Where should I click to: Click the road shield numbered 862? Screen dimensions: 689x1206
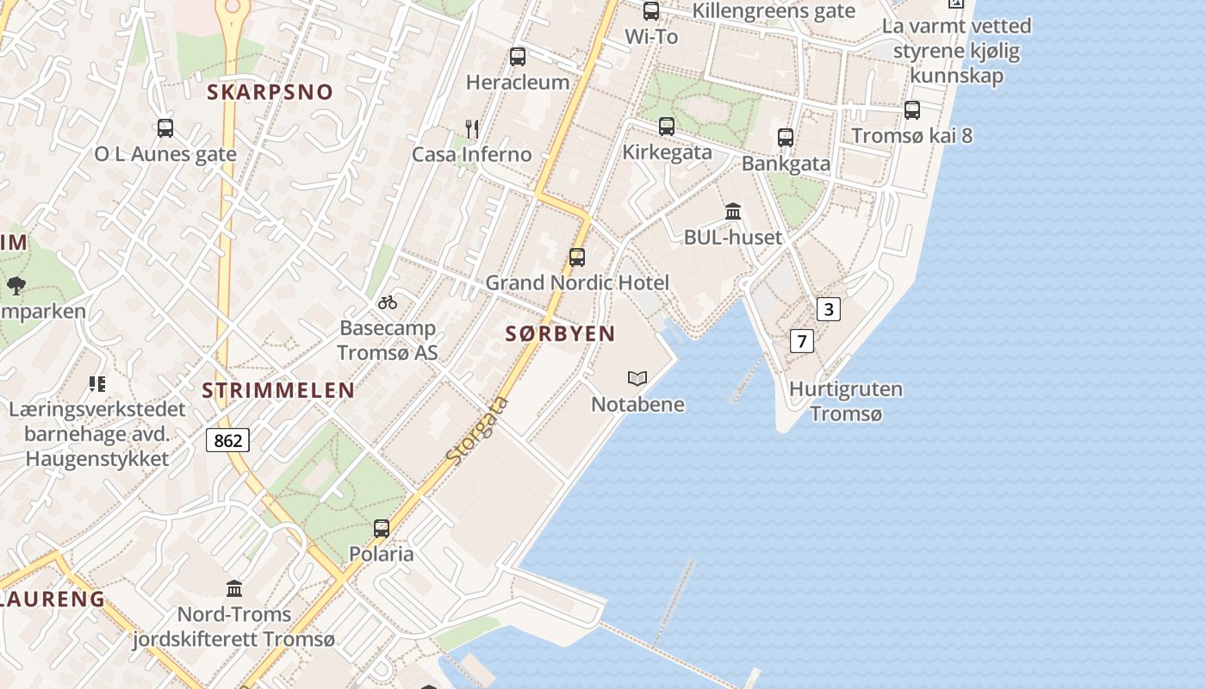[227, 440]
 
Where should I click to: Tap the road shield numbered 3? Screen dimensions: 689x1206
[828, 309]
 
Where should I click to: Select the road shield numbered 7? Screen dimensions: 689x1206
[802, 341]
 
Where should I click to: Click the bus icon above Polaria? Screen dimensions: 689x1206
[382, 529]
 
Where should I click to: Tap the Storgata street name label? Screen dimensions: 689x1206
[478, 431]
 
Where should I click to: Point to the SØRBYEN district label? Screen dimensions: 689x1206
[560, 334]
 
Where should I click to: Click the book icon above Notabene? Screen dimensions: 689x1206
[637, 378]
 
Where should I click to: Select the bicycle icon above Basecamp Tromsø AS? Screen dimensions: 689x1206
[388, 302]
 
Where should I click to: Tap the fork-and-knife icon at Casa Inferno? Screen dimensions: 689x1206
[471, 129]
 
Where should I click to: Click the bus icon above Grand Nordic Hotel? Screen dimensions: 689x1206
[577, 257]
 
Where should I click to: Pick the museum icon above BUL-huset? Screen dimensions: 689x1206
[733, 211]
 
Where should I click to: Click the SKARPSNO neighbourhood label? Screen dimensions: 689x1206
[270, 92]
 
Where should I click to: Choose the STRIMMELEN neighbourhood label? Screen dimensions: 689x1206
[278, 390]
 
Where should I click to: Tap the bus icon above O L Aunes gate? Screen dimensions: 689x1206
[165, 128]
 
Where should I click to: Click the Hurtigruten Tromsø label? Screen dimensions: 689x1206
[846, 401]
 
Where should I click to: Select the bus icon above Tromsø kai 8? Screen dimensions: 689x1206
[912, 109]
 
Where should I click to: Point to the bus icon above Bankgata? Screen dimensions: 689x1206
[786, 137]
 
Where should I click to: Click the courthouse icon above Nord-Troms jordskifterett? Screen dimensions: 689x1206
[234, 588]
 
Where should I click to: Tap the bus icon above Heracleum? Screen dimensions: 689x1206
[518, 57]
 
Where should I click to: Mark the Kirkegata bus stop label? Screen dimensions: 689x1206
[668, 152]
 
